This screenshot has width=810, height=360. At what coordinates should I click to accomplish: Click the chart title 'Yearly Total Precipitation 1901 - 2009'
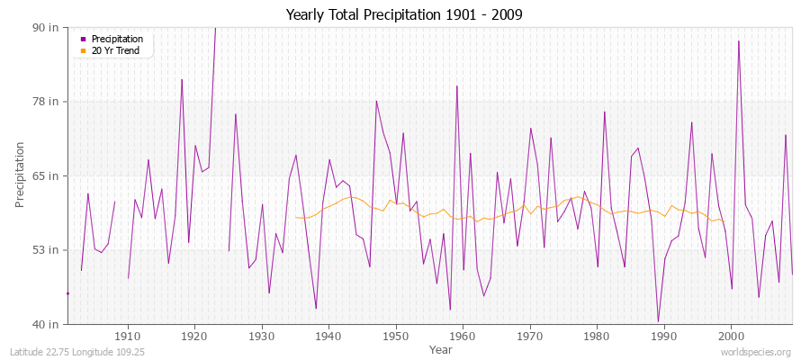tap(404, 15)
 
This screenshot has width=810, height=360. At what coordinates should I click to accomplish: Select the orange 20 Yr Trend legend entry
tap(116, 49)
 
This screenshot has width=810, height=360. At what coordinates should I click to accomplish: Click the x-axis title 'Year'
tap(440, 348)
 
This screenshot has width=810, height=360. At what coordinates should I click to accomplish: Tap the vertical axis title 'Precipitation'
tap(21, 175)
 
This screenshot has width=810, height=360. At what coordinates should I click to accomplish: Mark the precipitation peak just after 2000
tap(739, 41)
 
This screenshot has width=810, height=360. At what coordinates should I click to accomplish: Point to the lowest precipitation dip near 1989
tap(658, 320)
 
